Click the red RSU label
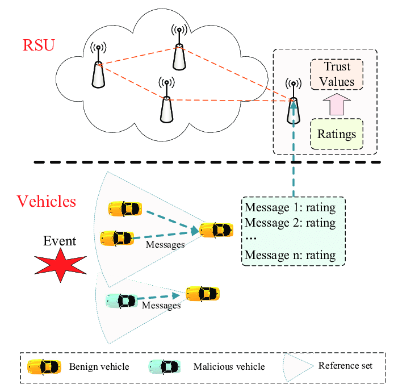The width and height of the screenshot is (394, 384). click(x=39, y=44)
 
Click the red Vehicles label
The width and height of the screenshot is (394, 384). click(x=47, y=201)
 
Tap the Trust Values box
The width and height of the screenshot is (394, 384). click(x=337, y=74)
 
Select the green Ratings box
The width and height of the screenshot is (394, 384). click(x=337, y=135)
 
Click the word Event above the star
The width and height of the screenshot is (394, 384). click(x=60, y=241)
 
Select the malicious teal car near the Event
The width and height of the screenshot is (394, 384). click(x=121, y=301)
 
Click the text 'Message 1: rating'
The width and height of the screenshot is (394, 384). click(x=290, y=207)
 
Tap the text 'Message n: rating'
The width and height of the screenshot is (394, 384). click(x=290, y=255)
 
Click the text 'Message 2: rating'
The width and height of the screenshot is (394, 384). click(x=290, y=223)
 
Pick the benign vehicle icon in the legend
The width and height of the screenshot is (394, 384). click(x=45, y=367)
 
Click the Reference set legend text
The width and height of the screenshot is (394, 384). click(x=346, y=365)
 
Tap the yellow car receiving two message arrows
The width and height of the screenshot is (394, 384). click(x=216, y=230)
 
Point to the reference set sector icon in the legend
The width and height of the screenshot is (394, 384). click(x=297, y=365)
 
